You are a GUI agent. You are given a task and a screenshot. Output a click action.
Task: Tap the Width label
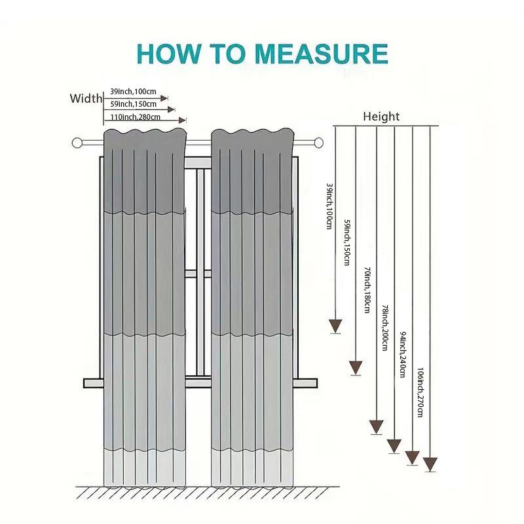(x=86, y=99)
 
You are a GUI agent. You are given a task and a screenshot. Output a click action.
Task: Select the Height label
(x=381, y=117)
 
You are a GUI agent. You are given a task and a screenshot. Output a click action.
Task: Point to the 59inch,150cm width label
(x=134, y=104)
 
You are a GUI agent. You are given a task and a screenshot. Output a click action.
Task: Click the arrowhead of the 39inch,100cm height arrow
(x=335, y=325)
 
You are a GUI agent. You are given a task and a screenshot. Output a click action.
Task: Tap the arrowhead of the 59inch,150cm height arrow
(x=356, y=367)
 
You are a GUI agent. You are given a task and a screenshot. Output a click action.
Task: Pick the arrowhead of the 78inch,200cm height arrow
(x=394, y=445)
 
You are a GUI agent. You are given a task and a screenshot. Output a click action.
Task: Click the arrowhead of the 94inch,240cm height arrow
(x=412, y=457)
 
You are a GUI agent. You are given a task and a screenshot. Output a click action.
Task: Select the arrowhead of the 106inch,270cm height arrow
(x=430, y=464)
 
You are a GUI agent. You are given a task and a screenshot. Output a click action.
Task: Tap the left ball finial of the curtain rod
(x=77, y=141)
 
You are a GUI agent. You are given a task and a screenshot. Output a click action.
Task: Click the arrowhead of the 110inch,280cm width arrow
(x=182, y=120)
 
